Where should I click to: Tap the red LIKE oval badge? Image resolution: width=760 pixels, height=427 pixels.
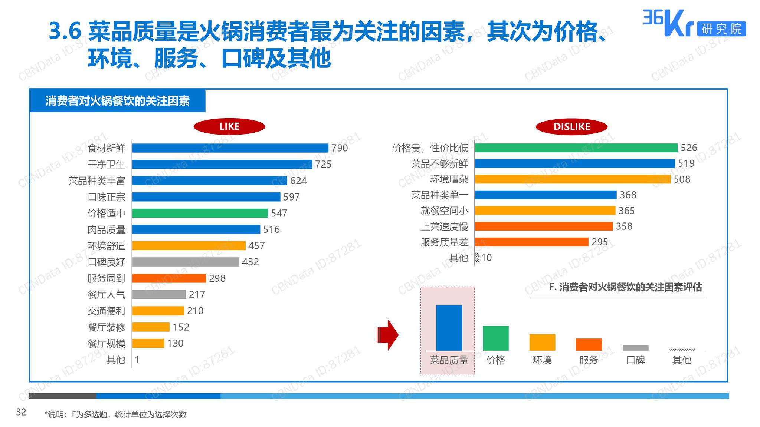tap(229, 126)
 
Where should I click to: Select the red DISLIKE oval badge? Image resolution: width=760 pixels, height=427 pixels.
tap(571, 127)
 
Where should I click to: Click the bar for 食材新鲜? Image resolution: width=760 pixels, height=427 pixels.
tap(230, 148)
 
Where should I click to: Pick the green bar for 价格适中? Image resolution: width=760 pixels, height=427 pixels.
tap(200, 213)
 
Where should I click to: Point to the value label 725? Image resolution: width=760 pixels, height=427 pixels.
tap(323, 164)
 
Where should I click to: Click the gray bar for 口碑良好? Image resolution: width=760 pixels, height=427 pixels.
tap(186, 262)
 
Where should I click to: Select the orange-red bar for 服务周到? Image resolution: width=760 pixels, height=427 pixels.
tap(169, 278)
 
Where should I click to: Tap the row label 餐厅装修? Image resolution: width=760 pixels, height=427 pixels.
tap(106, 327)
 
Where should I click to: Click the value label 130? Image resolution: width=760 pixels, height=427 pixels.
tap(175, 343)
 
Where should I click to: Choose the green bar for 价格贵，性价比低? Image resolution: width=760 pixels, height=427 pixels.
tap(576, 148)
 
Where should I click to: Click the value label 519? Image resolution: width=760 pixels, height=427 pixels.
tap(686, 163)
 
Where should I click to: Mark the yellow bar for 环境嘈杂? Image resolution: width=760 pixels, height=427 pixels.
tap(573, 179)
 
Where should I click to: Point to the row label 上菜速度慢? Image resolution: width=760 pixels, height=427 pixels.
tap(444, 226)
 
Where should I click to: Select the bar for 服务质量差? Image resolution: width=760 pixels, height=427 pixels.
tap(531, 242)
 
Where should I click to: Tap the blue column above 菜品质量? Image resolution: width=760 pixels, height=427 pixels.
tap(449, 328)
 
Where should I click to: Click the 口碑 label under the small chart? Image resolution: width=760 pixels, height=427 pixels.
tap(635, 360)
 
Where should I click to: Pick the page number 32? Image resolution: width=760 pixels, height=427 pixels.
tap(21, 412)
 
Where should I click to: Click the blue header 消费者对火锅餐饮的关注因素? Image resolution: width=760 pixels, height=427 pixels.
tap(118, 101)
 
